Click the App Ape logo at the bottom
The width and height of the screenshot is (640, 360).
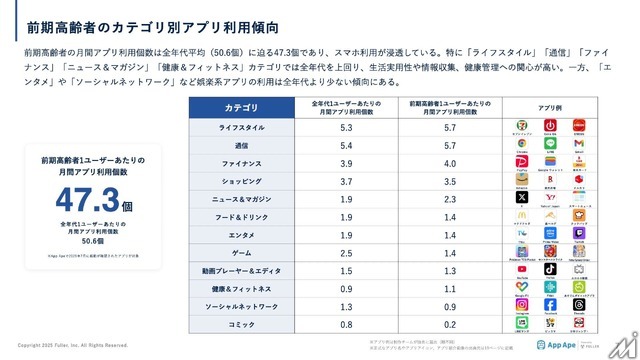coord(556,345)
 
